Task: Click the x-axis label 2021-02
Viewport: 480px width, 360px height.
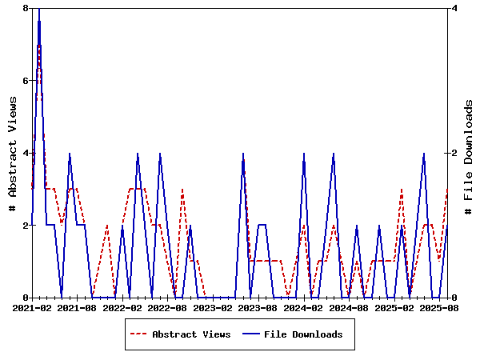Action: (32, 307)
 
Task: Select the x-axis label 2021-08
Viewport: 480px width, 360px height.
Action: (78, 307)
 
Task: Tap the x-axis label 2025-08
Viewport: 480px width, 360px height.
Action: (439, 307)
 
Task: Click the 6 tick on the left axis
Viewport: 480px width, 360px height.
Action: (26, 80)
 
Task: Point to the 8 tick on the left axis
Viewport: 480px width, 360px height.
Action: (26, 8)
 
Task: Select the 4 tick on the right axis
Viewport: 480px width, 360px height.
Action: (454, 8)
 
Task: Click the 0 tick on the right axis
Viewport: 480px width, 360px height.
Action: (454, 298)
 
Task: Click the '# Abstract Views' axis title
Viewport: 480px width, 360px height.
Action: (12, 153)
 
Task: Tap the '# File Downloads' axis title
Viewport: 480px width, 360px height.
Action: (469, 153)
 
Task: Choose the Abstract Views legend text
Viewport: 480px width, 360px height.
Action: (191, 334)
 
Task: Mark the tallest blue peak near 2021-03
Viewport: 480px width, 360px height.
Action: (39, 10)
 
